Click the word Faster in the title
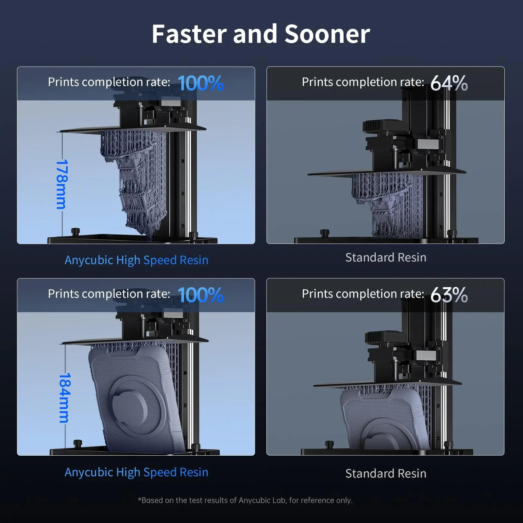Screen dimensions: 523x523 coord(189,34)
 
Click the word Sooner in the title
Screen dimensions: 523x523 coord(327,34)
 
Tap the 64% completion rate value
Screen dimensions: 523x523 coord(449,83)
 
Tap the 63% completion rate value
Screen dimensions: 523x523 coord(449,295)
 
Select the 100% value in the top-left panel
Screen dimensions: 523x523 coord(200,83)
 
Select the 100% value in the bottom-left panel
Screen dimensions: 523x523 coord(200,295)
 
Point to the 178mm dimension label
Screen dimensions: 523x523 coord(62,184)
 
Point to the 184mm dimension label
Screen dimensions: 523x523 coord(64,398)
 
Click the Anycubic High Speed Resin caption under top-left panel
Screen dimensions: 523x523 coord(136,260)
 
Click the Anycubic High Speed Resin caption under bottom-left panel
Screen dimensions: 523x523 coord(136,472)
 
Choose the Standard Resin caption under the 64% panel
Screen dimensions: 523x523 coord(386,258)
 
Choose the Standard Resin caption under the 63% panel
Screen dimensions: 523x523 coord(386,474)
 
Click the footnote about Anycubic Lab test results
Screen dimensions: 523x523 coord(245,500)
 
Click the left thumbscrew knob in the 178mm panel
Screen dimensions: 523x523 coord(76,231)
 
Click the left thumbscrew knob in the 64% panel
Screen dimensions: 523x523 coord(324,233)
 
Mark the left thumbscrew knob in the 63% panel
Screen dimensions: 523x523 coord(329,445)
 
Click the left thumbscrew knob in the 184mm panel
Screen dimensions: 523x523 coord(77,444)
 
